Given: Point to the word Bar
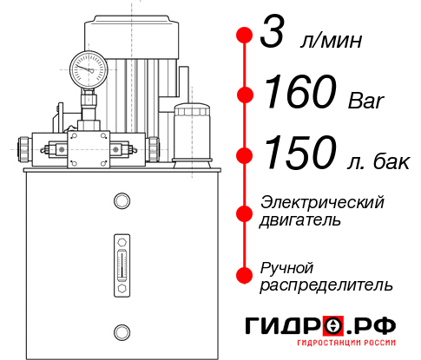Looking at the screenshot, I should coord(365,100).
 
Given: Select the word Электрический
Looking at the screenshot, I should coord(322,202).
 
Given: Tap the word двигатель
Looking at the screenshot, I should coord(300,220).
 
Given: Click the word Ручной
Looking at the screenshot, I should coord(286,266).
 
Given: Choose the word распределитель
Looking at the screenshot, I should coord(327,285).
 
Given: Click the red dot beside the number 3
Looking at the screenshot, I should coord(244,36).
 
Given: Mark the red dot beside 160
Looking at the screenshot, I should coord(244,95).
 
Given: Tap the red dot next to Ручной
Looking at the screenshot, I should coord(244,275).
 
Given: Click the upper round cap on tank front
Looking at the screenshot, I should coord(121,201).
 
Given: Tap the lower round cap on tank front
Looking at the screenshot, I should coord(121,331).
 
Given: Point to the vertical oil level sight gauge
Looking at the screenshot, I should coord(121,261).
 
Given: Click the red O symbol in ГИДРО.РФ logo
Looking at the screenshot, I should coord(332,327).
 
